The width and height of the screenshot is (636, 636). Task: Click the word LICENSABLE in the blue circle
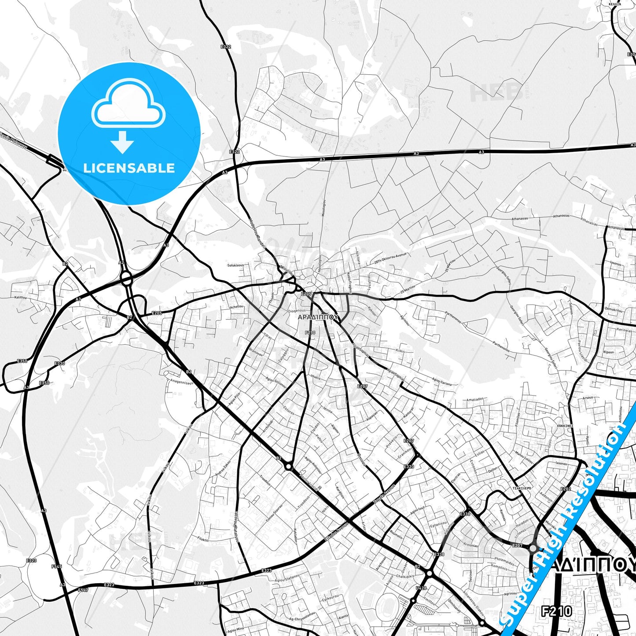[129, 168]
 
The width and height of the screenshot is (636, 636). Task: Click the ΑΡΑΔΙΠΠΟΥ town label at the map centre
[318, 316]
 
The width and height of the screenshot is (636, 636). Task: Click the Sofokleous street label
[235, 265]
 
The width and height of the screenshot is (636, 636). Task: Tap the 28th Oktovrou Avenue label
[390, 257]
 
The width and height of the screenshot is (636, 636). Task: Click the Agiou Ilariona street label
[441, 382]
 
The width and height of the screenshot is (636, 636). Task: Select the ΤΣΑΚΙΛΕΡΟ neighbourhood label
[522, 489]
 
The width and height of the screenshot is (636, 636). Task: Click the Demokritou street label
[614, 310]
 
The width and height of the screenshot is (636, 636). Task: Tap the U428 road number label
[421, 588]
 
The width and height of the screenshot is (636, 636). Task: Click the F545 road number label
[57, 566]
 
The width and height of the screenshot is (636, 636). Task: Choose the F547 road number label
[83, 590]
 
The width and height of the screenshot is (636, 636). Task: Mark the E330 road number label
[59, 364]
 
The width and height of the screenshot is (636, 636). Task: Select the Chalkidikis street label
[405, 576]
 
